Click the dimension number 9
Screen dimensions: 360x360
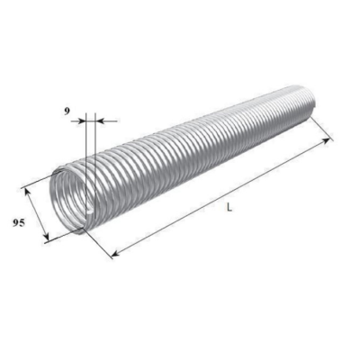pos(67,111)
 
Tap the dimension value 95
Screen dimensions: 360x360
pos(18,223)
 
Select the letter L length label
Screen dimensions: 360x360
pos(229,207)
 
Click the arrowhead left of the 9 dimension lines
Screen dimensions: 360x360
pos(81,121)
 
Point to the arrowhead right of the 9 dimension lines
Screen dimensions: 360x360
pos(99,121)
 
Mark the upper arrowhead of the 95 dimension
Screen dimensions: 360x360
pos(26,192)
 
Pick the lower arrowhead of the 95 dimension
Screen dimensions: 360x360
pos(46,237)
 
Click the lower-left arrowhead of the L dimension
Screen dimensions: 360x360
pos(115,254)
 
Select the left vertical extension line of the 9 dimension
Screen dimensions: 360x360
pos(85,165)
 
